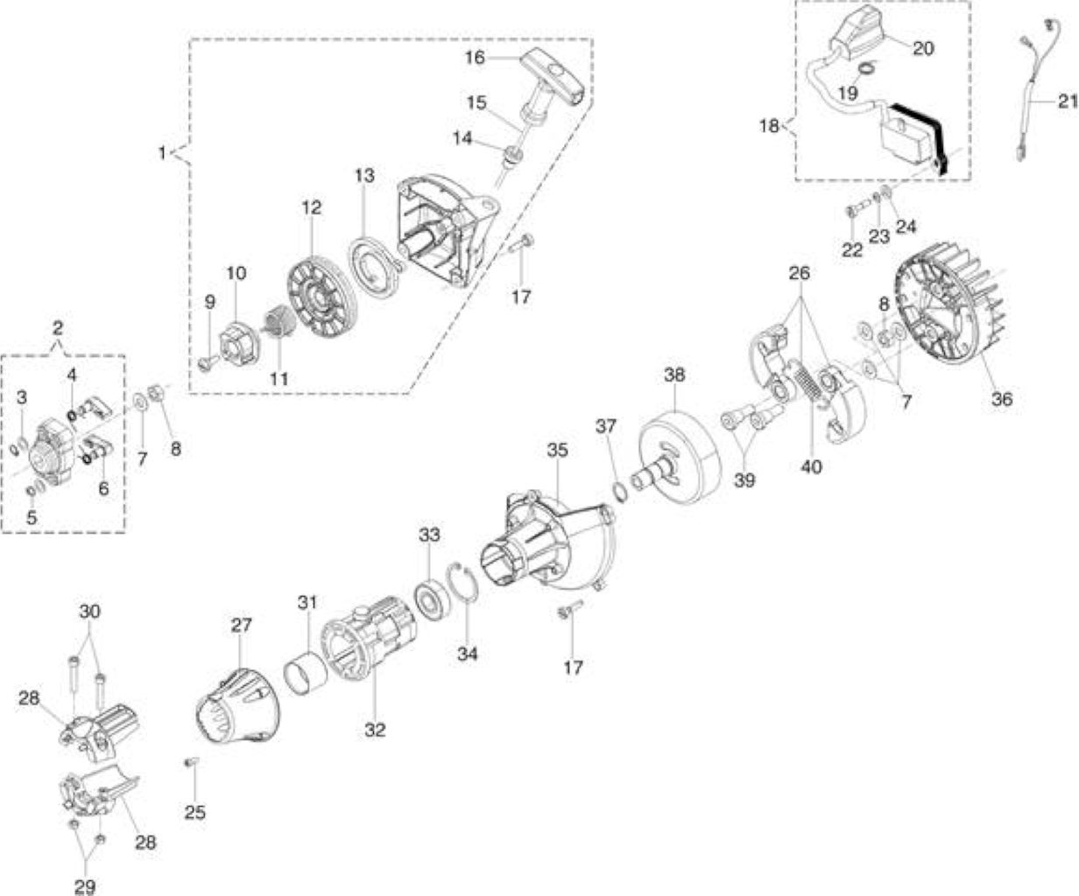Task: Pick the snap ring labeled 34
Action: coord(463,582)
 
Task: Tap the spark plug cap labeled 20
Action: coord(856,35)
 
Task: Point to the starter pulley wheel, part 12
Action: coord(321,299)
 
